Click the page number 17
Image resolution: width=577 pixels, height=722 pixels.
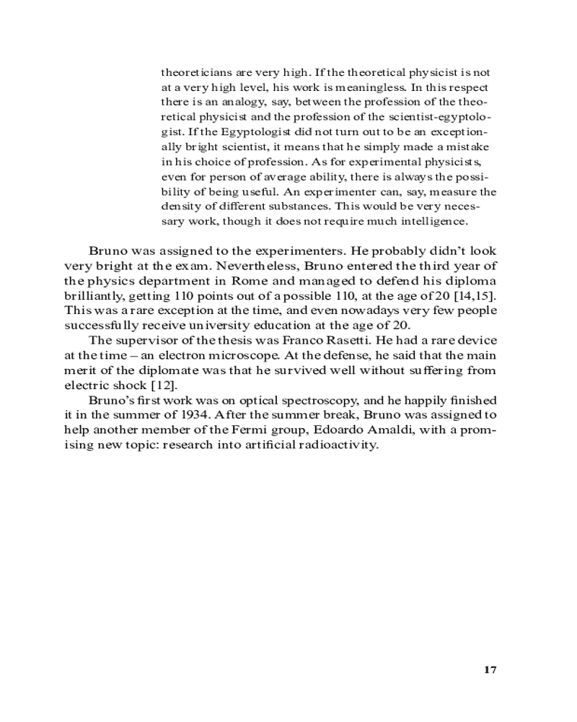[x=490, y=669]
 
